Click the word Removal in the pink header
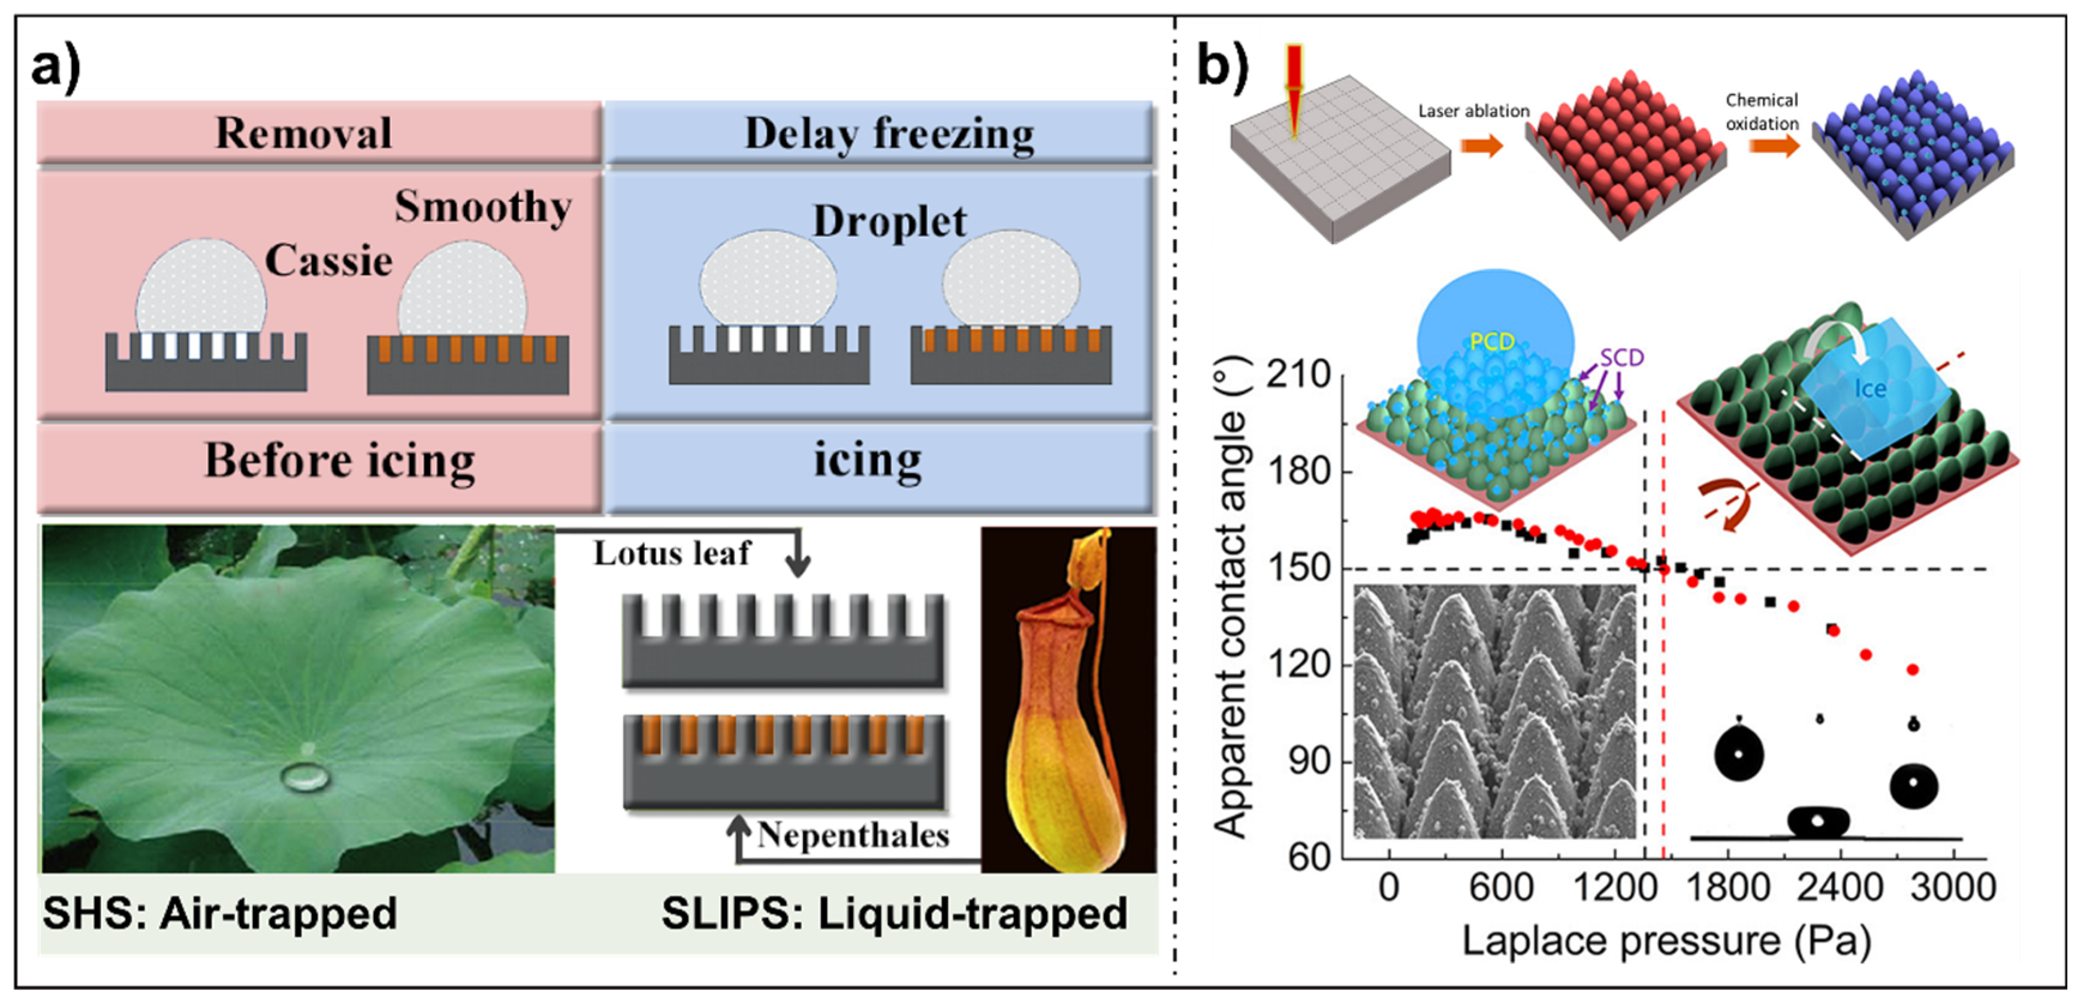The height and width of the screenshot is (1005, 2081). (x=304, y=133)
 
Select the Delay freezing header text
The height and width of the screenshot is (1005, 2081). (x=889, y=134)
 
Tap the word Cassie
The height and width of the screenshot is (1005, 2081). (x=329, y=261)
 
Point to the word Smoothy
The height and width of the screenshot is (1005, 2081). (x=483, y=207)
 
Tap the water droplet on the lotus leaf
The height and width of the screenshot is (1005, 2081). (x=304, y=777)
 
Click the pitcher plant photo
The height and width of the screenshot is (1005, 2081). (x=1068, y=699)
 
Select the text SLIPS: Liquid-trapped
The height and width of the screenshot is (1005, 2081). (x=894, y=914)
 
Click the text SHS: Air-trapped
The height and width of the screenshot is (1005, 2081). (x=220, y=914)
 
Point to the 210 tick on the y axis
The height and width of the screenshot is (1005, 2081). (x=1298, y=375)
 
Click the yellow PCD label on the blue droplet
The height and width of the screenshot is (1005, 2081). (x=1491, y=342)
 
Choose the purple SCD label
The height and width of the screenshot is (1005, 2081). (x=1621, y=357)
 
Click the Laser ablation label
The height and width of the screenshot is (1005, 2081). (x=1473, y=111)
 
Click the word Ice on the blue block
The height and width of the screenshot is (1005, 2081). (x=1869, y=390)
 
